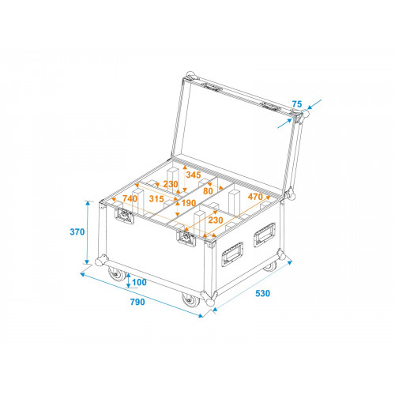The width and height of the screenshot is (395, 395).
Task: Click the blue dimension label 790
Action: (x=137, y=302)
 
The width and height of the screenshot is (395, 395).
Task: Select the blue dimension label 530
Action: (x=262, y=293)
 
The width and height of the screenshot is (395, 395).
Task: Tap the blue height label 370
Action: (x=77, y=232)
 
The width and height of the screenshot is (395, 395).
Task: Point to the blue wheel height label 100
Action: (x=139, y=282)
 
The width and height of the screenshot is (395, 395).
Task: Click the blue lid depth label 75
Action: (x=297, y=104)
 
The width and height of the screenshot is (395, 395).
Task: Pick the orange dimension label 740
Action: (x=130, y=198)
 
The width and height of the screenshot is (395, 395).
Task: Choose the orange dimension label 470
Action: (x=255, y=197)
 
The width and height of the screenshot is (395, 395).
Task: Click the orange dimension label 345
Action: (x=194, y=175)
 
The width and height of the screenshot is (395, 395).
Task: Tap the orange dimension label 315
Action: (x=156, y=199)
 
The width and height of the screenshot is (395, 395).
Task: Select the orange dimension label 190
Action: (x=189, y=203)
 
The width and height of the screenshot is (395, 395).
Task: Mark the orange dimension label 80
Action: (x=208, y=191)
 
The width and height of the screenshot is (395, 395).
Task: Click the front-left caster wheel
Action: (x=117, y=274)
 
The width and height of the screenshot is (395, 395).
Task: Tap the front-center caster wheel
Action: (x=190, y=300)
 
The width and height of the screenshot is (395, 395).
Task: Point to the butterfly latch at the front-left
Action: (x=124, y=216)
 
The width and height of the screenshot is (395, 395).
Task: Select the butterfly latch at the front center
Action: (x=186, y=239)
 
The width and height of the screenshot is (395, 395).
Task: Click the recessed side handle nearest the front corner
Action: (x=232, y=254)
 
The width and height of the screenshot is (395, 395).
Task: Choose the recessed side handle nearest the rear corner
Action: (x=265, y=235)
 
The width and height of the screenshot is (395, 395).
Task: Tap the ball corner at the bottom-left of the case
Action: (x=100, y=261)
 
